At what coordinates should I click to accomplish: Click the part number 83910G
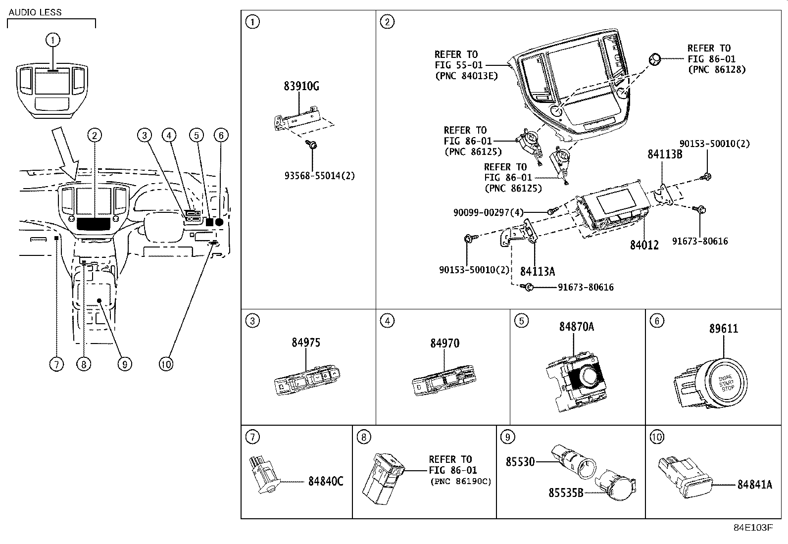301,86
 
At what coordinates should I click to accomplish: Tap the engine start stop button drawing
727,383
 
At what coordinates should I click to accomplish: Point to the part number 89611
723,328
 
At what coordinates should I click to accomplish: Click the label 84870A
577,327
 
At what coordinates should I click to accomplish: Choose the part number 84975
305,343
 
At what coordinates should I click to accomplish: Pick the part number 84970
444,343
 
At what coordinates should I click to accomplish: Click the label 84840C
325,481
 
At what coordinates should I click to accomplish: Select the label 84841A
754,485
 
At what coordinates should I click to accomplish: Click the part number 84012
644,245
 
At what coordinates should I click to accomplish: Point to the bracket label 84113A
537,271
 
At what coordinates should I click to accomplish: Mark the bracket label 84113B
665,154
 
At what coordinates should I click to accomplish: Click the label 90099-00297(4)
488,212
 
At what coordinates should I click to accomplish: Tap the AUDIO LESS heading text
35,12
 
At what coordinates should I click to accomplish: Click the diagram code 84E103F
752,528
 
